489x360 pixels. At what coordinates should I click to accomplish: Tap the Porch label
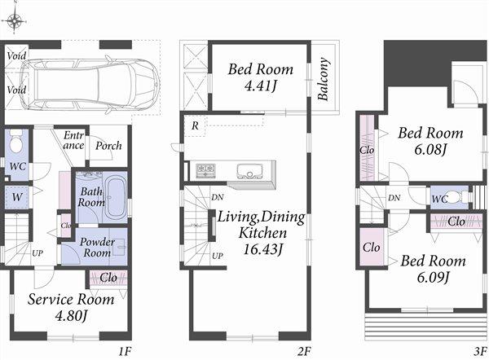click(x=108, y=146)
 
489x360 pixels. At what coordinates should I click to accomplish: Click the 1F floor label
click(x=124, y=351)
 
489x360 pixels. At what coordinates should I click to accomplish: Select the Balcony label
click(x=324, y=78)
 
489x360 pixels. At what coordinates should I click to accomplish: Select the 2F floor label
click(x=305, y=351)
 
